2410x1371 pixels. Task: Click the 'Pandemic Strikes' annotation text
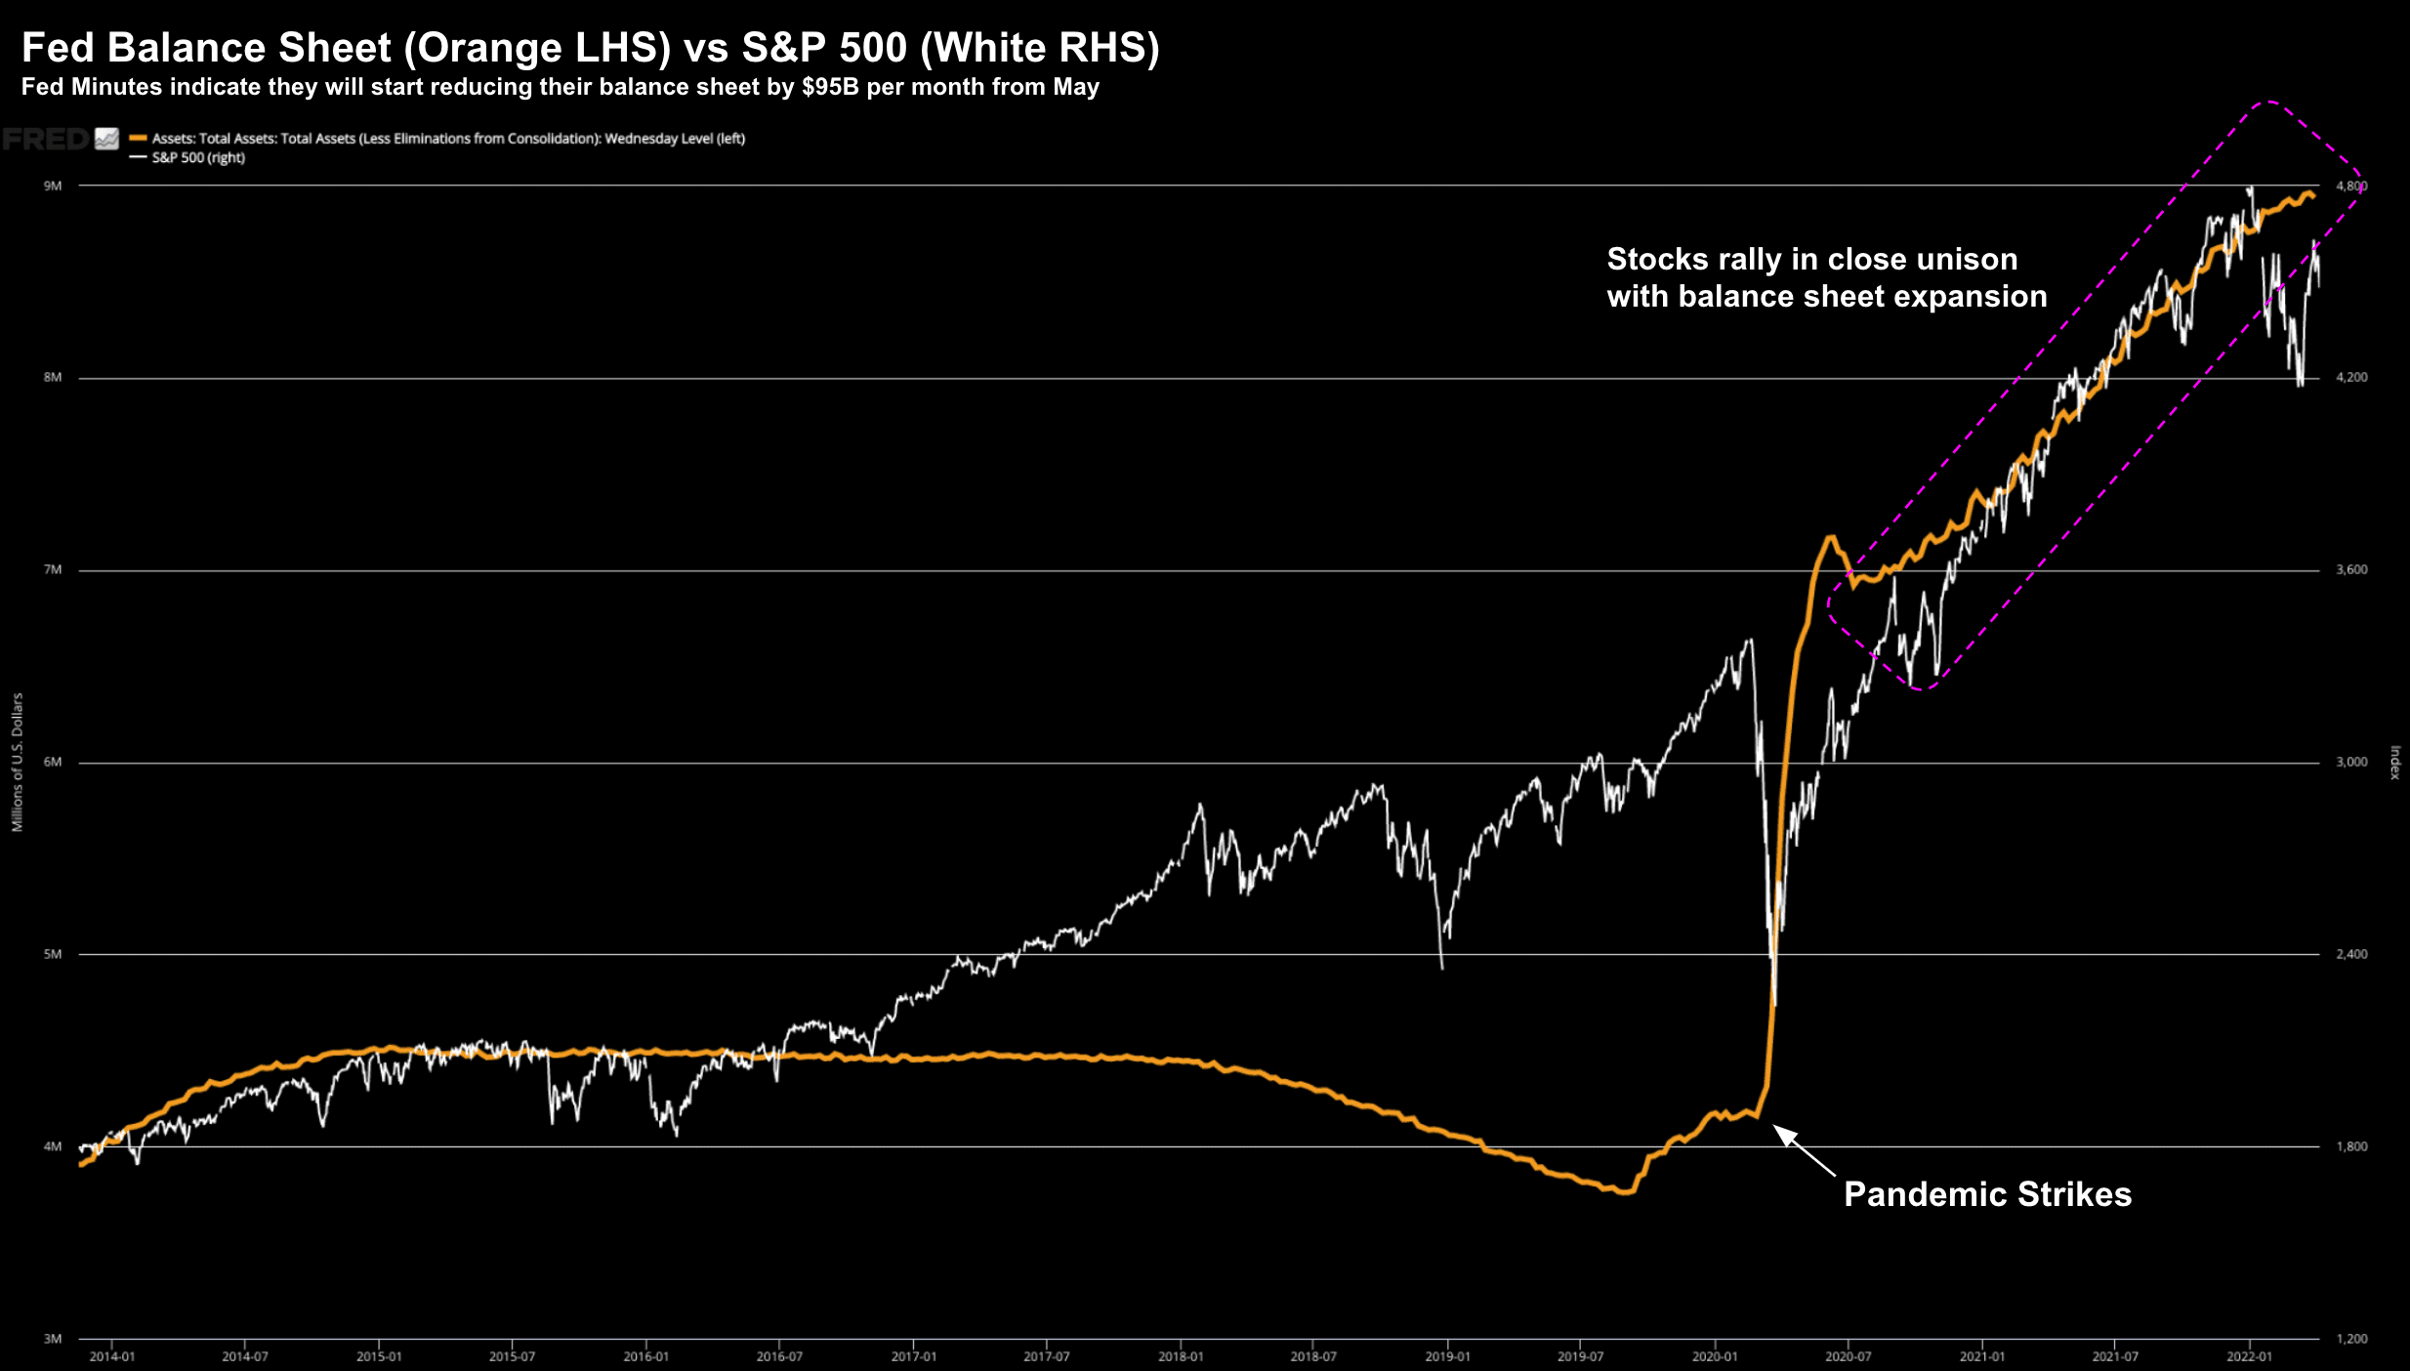tap(1987, 1194)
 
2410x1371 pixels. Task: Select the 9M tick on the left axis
tap(53, 186)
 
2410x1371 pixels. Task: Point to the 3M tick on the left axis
tap(53, 1339)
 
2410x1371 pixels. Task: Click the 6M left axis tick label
tap(53, 762)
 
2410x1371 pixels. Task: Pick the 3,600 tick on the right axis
tap(2351, 569)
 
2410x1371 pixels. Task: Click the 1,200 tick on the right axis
tap(2351, 1339)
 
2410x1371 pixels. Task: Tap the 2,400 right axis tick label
tap(2351, 954)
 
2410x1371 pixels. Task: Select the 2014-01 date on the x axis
tap(111, 1356)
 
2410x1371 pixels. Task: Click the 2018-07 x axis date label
tap(1313, 1356)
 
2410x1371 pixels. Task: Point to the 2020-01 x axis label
tap(1715, 1356)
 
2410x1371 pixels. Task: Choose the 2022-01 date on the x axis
tap(2249, 1356)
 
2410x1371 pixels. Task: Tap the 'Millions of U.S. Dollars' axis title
tap(18, 762)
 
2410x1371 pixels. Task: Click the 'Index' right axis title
tap(2394, 762)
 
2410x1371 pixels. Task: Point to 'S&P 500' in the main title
tap(825, 48)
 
